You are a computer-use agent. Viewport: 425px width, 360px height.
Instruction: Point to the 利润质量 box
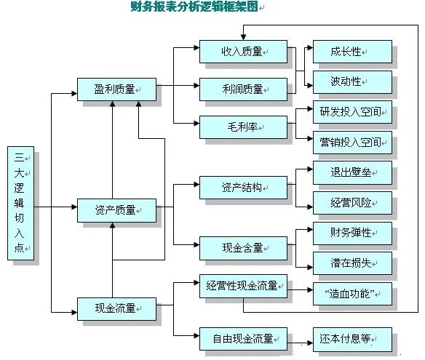(244, 89)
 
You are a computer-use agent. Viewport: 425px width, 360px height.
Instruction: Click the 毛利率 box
(244, 127)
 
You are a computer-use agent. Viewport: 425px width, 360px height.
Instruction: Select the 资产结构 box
(244, 187)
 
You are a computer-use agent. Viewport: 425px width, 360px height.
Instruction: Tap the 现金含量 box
(244, 248)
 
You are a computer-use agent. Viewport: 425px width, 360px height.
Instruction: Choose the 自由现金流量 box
(244, 339)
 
